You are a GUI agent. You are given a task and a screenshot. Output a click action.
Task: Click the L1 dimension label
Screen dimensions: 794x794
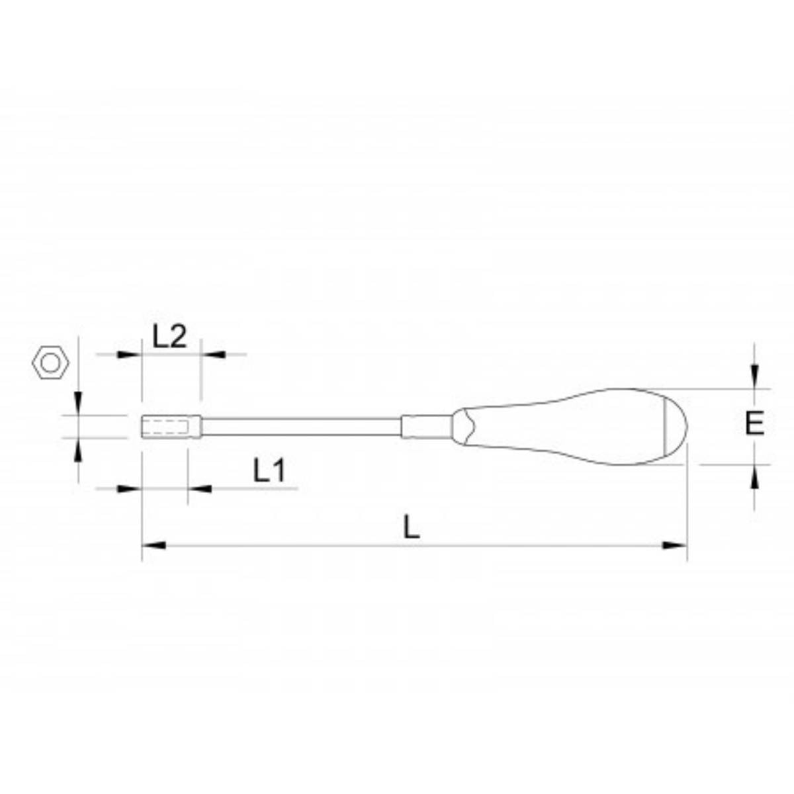click(269, 470)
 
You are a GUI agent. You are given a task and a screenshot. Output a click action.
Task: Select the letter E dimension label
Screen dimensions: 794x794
click(754, 423)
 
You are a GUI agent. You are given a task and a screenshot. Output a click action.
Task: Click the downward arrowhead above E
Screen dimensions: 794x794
click(754, 376)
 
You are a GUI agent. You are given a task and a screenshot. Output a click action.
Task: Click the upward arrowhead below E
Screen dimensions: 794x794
click(754, 476)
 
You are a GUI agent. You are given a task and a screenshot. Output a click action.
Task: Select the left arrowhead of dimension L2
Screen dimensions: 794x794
click(130, 355)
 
